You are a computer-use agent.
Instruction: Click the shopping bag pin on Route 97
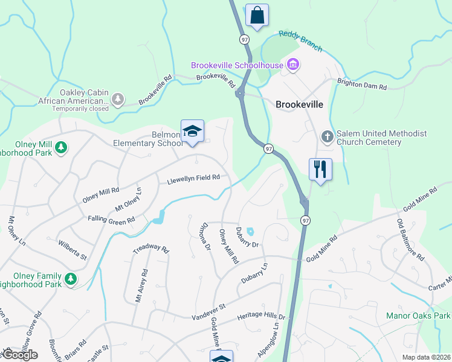pos(257,15)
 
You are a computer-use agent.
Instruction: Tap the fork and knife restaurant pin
pos(320,169)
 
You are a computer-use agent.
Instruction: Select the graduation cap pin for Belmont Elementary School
pos(192,132)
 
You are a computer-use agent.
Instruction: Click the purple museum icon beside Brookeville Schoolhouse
pos(293,64)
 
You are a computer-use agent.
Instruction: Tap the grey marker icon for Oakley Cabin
pos(118,98)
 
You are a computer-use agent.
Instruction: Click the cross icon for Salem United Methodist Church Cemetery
pos(327,136)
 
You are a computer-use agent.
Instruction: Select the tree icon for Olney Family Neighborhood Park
pos(71,278)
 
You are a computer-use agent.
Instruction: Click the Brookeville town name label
pos(299,104)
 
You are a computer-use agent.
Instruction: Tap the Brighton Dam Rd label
pos(361,84)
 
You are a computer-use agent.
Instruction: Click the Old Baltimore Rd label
pos(410,240)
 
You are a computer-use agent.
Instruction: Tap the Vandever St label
pos(208,312)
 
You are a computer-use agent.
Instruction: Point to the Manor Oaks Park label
pos(418,316)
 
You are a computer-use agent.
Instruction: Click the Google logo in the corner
pos(19,355)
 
